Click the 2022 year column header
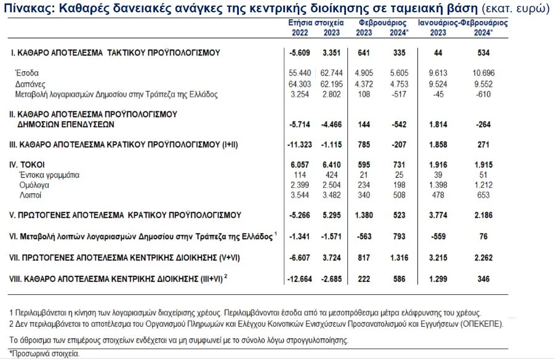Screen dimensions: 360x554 300,33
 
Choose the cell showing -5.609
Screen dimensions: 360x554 300,53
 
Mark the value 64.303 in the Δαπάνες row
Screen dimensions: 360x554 300,84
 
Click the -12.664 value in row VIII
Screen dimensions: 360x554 298,279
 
